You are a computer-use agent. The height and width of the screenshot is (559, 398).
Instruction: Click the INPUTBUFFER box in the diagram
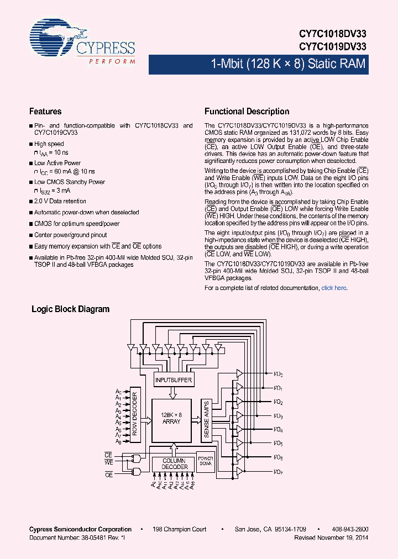[x=174, y=380]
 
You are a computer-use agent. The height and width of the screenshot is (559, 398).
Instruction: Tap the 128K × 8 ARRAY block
[x=171, y=418]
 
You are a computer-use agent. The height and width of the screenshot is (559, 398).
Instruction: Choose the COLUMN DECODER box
[x=175, y=464]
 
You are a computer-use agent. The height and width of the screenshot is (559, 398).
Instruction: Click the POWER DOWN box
[x=206, y=462]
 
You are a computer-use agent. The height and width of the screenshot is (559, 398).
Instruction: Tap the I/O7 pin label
[x=279, y=471]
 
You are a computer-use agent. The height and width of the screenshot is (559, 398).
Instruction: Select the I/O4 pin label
[x=279, y=430]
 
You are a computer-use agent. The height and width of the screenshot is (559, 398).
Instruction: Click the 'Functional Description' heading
[x=247, y=112]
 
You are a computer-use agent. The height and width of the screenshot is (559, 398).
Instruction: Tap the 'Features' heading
[x=45, y=112]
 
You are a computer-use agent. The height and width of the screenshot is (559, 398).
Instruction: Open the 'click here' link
[x=334, y=288]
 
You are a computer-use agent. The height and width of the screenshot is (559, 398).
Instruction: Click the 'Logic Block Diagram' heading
[x=70, y=309]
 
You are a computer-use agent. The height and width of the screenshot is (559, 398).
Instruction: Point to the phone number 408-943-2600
[x=347, y=529]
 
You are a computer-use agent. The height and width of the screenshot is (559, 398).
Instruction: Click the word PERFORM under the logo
[x=112, y=61]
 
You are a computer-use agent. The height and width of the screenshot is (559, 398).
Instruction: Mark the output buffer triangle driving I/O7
[x=239, y=471]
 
